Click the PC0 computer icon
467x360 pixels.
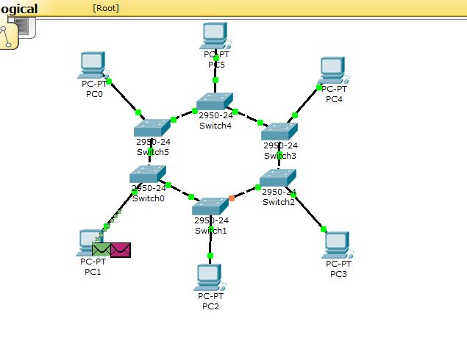[93, 66]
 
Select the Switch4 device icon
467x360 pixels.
[215, 102]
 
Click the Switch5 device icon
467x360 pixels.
[152, 128]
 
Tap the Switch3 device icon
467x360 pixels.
[279, 132]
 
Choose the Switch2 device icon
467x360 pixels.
[278, 178]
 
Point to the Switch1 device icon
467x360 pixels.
[210, 206]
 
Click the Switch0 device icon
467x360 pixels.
[148, 174]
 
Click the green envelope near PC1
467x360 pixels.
[101, 250]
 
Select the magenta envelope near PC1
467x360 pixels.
[121, 250]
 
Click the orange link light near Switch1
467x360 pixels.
[232, 198]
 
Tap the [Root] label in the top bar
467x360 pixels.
[106, 8]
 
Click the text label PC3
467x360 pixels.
[338, 274]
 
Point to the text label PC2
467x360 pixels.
[210, 306]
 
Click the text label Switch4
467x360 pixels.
[215, 125]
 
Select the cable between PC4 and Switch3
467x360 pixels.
[307, 101]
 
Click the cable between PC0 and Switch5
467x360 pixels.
[123, 96]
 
